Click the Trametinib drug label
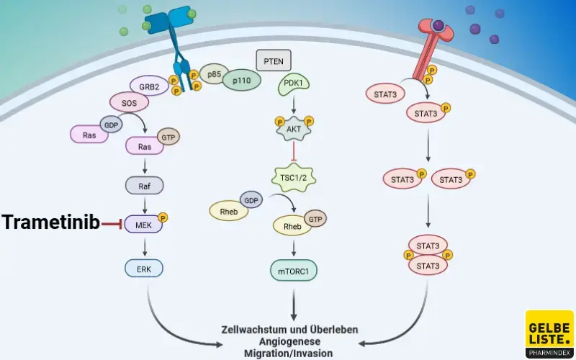50,223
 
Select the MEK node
143,225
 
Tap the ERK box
143,269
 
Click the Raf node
143,185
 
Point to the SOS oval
129,103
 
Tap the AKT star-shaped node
293,128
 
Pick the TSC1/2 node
293,175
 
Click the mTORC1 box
293,271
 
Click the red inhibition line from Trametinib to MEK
112,225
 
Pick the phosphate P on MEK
163,217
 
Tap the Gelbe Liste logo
549,333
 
